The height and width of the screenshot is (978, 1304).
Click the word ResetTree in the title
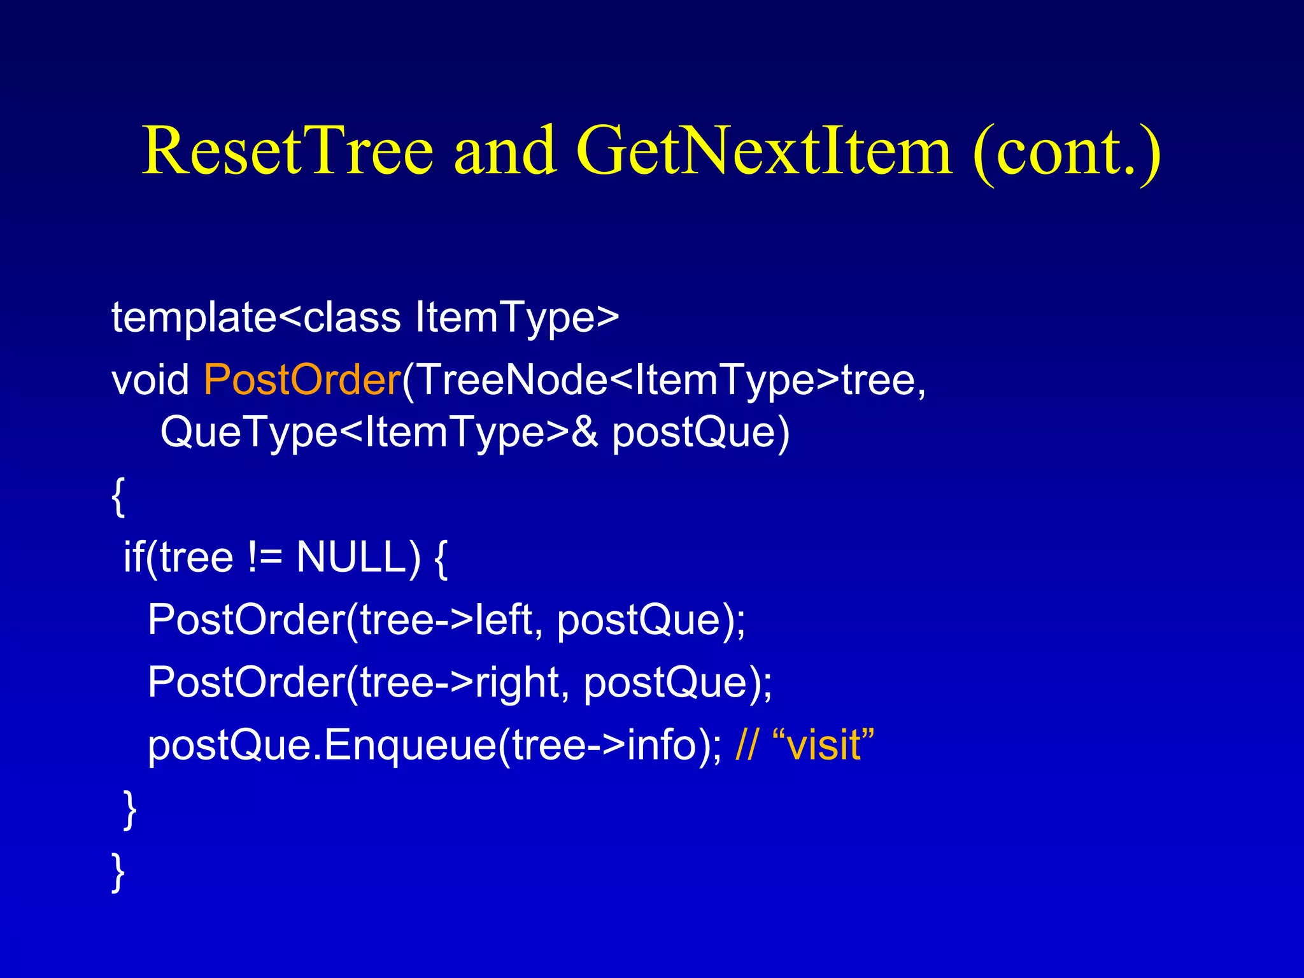coord(287,151)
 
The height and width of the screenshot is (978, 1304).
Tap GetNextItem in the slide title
coord(764,151)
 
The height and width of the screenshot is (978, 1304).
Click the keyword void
coord(150,380)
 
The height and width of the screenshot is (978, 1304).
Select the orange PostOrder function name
coord(302,380)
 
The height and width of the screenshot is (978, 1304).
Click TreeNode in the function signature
coord(513,380)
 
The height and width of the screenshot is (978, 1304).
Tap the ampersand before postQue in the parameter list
coord(585,432)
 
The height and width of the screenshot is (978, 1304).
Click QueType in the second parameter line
coord(248,432)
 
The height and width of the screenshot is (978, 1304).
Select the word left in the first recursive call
coord(504,620)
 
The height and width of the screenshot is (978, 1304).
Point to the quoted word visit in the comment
coord(824,745)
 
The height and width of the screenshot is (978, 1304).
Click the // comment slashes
coord(746,745)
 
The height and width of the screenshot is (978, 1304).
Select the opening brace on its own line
coord(118,496)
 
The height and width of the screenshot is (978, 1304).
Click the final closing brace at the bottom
coord(118,872)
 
